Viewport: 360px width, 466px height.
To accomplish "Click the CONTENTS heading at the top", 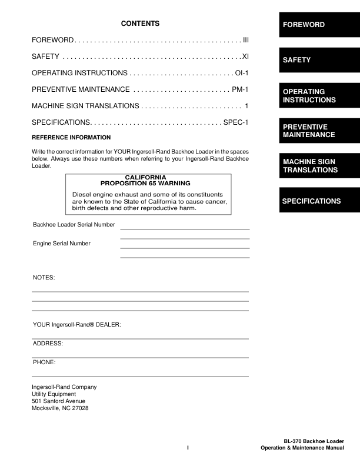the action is [140, 24].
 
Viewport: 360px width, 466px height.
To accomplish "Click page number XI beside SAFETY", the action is [245, 56].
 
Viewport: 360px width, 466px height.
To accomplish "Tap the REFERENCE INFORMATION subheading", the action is [71, 137].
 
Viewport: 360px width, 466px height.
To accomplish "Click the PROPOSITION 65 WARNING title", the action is [149, 184].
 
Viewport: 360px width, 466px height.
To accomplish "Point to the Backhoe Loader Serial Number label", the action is [74, 224].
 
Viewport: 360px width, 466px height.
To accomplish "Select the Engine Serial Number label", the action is [61, 243].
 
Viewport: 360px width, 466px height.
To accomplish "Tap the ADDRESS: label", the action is [48, 342].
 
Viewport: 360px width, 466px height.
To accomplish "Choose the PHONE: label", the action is [44, 362].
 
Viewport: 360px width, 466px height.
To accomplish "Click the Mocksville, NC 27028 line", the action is [59, 408].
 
